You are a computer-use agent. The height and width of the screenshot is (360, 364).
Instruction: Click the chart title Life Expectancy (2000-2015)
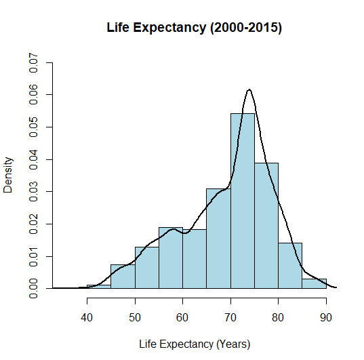(195, 28)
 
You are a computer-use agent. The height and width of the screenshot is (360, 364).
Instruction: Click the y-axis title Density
(9, 176)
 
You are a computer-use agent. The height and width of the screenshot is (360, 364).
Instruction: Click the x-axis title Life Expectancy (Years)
(195, 344)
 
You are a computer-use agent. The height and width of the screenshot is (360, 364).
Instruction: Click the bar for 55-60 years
(171, 258)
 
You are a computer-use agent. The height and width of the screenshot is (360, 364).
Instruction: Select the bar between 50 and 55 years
(147, 268)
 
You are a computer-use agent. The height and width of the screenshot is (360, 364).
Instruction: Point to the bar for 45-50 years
(123, 277)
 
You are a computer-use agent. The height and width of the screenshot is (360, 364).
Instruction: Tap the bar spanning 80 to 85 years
(290, 266)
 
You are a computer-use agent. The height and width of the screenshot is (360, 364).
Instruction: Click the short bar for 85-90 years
(314, 283)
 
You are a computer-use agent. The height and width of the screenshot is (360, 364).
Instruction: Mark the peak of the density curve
(249, 89)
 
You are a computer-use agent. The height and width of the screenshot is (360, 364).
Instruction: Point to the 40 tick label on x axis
(87, 316)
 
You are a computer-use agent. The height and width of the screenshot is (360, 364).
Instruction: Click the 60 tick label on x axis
(182, 316)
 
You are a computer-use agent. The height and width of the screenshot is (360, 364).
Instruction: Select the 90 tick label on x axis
(326, 316)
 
